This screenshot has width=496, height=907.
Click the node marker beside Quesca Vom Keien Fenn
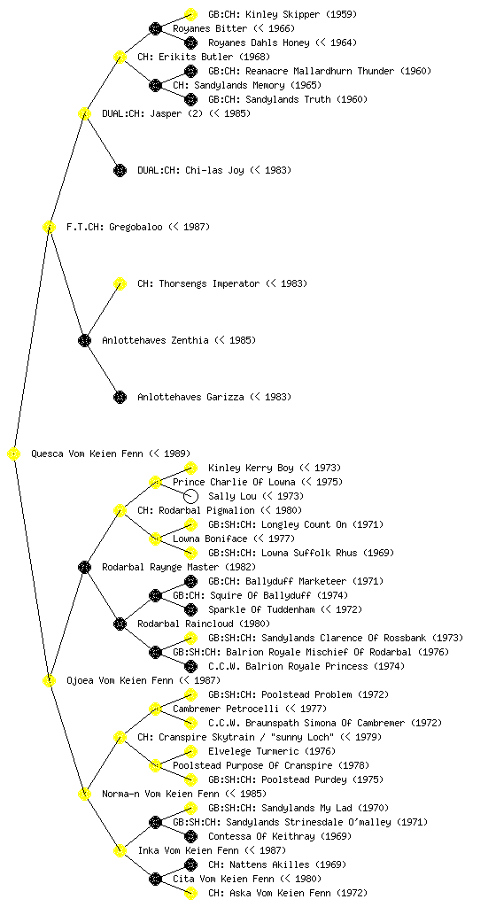tap(14, 454)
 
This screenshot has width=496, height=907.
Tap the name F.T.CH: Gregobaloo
tap(114, 228)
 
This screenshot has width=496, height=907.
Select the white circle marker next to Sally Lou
tap(190, 496)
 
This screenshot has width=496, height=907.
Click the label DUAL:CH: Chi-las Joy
tap(190, 171)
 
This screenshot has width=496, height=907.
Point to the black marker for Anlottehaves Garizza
tap(120, 398)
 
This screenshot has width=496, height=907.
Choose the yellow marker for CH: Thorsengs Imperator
tap(120, 284)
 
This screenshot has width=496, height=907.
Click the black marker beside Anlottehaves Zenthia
tap(84, 341)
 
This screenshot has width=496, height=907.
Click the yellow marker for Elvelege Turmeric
tap(190, 751)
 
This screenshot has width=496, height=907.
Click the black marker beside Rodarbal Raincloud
tap(120, 624)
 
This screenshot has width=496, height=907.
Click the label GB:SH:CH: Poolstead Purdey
tap(277, 779)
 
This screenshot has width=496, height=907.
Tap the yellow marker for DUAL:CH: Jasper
tap(84, 114)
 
